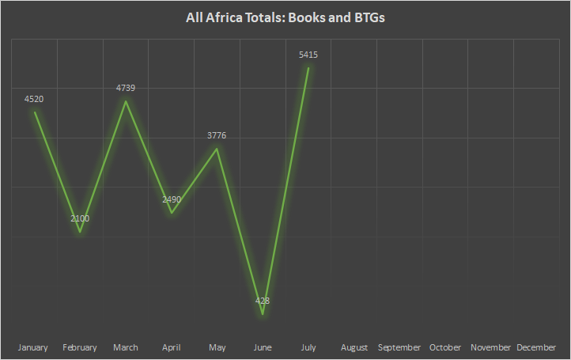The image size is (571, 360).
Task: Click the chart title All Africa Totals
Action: (x=285, y=17)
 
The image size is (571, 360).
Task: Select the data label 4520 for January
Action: (x=35, y=99)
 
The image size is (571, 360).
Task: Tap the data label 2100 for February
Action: (x=80, y=218)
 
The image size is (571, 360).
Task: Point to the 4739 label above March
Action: (x=126, y=88)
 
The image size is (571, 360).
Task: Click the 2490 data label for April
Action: (x=172, y=199)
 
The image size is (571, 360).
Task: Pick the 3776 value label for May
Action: (x=217, y=135)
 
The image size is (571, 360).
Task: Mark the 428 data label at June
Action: (x=263, y=301)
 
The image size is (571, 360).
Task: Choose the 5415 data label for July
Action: (x=308, y=55)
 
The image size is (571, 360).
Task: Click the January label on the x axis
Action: (x=33, y=347)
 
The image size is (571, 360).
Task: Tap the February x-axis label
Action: (x=80, y=347)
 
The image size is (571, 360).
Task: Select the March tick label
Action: (x=126, y=347)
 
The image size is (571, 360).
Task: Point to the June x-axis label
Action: (x=263, y=347)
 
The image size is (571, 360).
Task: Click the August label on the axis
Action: (x=354, y=347)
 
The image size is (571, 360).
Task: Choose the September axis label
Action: (x=399, y=347)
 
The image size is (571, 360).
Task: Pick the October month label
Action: (x=445, y=347)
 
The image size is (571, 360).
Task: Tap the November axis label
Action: (x=491, y=347)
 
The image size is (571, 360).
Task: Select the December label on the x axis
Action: (x=536, y=347)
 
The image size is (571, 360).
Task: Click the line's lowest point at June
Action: (x=263, y=315)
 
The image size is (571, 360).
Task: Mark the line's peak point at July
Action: (x=308, y=68)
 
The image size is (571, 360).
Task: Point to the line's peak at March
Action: (x=126, y=101)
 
